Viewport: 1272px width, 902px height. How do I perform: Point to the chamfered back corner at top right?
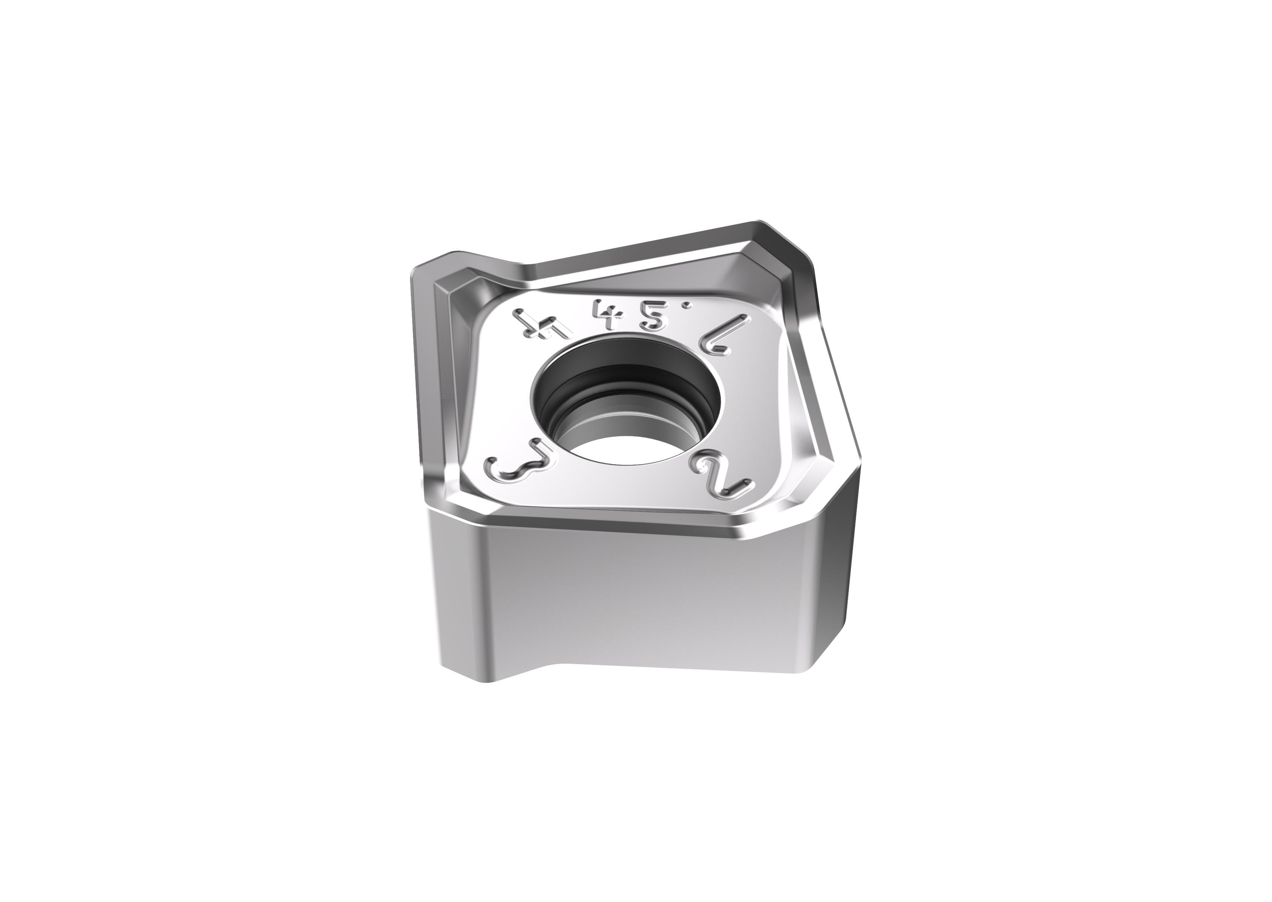tap(778, 239)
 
